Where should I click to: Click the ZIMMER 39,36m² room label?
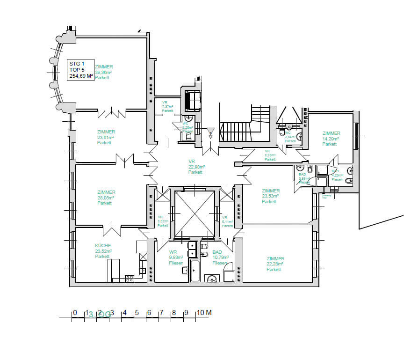coord(104,73)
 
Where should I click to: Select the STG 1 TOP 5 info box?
coord(80,70)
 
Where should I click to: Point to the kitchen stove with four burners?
coord(130,278)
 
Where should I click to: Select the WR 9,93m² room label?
coord(176,257)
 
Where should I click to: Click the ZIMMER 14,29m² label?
coord(331,139)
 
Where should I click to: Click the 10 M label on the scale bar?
coord(203,313)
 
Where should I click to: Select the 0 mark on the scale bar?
coord(74,313)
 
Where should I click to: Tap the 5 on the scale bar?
coord(137,313)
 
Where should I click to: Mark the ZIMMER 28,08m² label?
coord(106,198)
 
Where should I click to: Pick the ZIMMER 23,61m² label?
coord(106,137)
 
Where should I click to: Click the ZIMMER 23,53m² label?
coord(271,196)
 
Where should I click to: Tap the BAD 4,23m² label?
coord(337,176)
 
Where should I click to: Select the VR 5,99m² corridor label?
coord(270,155)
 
